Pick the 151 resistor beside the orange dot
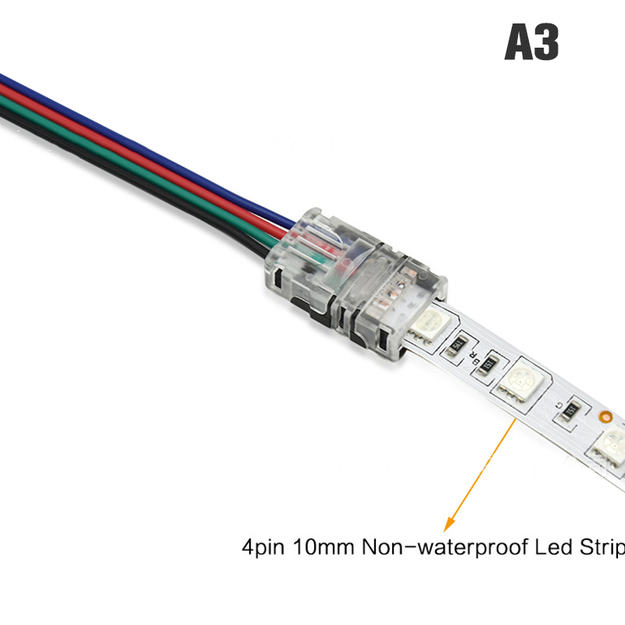pyautogui.click(x=570, y=409)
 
